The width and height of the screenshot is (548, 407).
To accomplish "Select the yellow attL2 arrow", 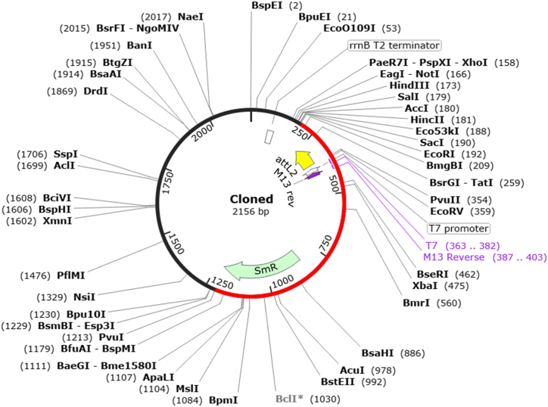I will tap(304, 159).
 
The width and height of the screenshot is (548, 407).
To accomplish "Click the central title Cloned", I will tap(251, 199).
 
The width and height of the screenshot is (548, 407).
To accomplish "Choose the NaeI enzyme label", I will tap(190, 16).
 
